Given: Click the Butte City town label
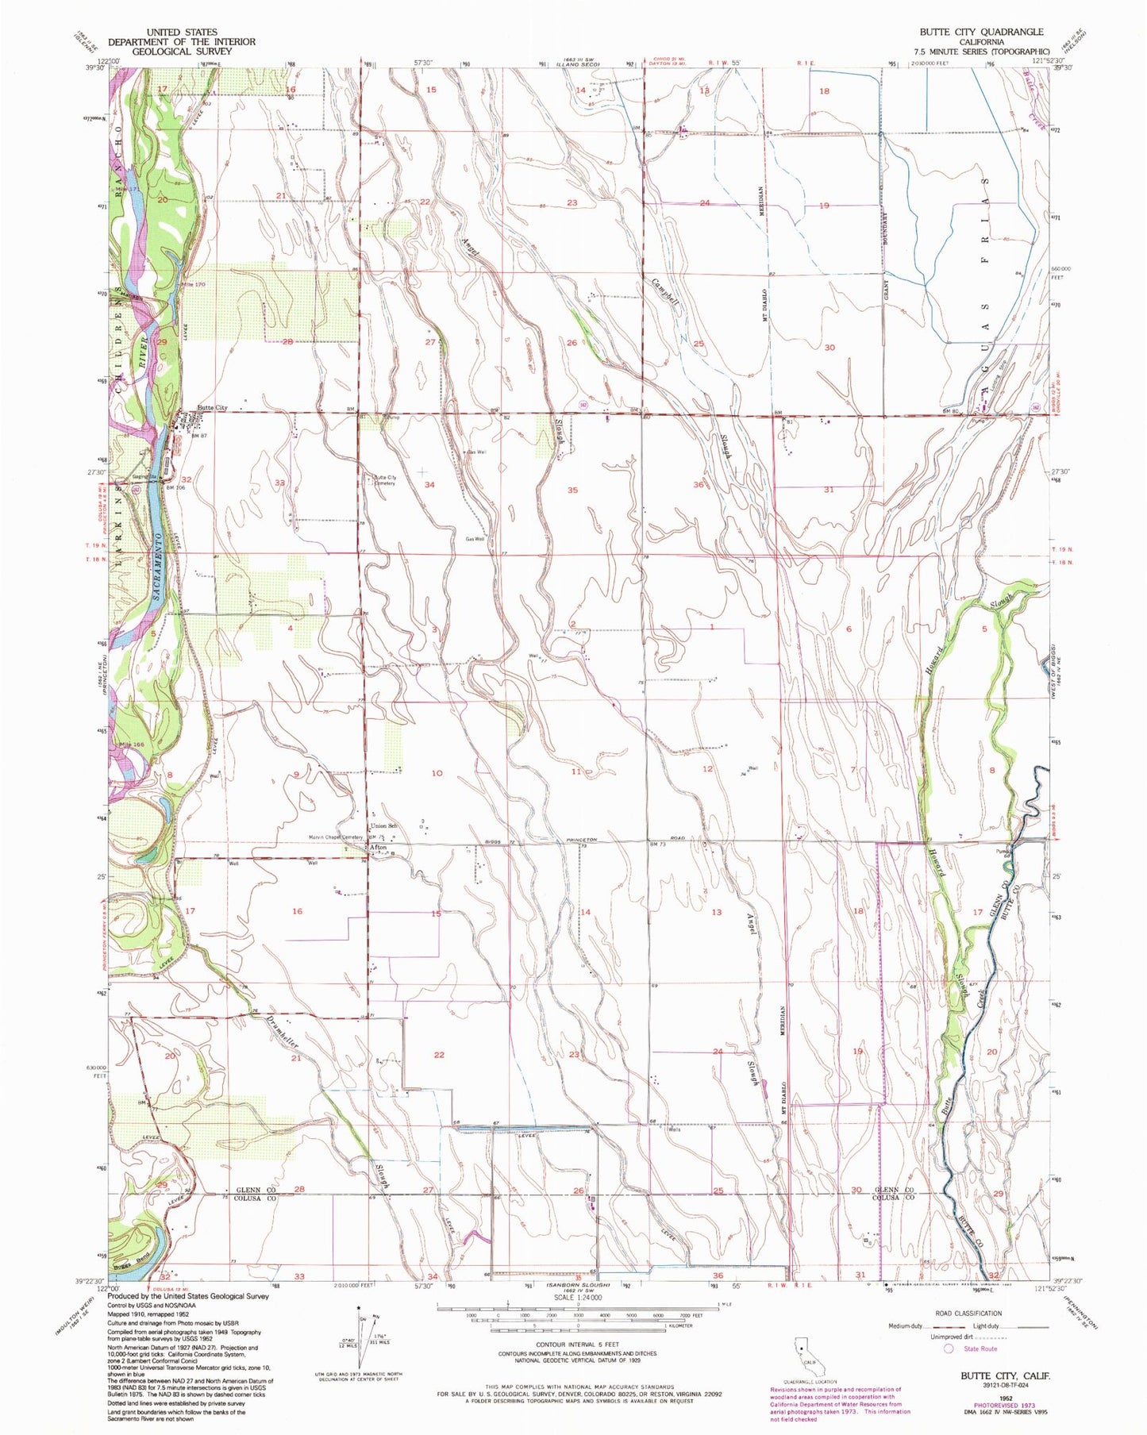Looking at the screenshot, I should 211,408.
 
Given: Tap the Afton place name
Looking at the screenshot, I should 378,848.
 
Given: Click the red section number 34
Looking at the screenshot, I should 429,484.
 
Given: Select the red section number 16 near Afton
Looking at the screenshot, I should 296,911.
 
